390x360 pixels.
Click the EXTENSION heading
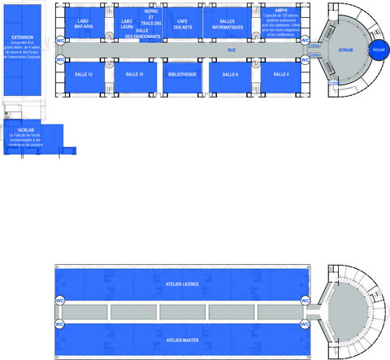point(23,37)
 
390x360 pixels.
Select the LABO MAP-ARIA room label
point(84,24)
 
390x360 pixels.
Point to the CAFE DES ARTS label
point(182,24)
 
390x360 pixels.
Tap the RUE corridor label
point(232,50)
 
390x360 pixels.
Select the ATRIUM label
point(345,50)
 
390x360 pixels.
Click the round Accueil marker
point(378,50)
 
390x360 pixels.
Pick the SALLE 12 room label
point(84,74)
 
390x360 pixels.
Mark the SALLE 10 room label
point(136,74)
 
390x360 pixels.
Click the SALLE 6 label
point(230,74)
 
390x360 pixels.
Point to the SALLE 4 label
point(281,74)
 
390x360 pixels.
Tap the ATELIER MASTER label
point(182,340)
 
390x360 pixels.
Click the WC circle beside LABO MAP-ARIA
point(60,39)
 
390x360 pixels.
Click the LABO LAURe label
point(127,24)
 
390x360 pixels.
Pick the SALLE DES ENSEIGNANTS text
point(141,33)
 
